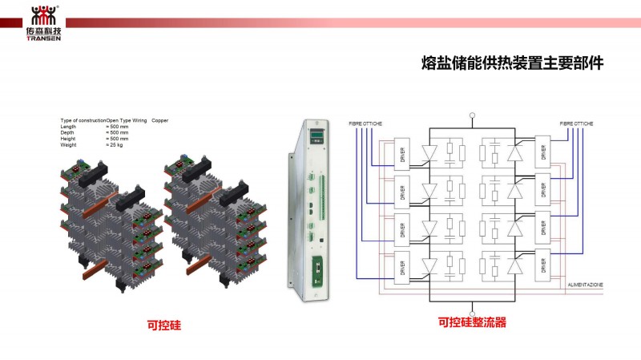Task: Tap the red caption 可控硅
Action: click(x=163, y=326)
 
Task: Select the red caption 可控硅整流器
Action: click(x=472, y=323)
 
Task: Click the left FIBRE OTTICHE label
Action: click(x=366, y=123)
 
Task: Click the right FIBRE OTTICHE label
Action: click(x=577, y=123)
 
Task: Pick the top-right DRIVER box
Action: click(x=543, y=153)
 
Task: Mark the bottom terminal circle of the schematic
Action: click(x=473, y=313)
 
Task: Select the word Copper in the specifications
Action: click(x=160, y=120)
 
